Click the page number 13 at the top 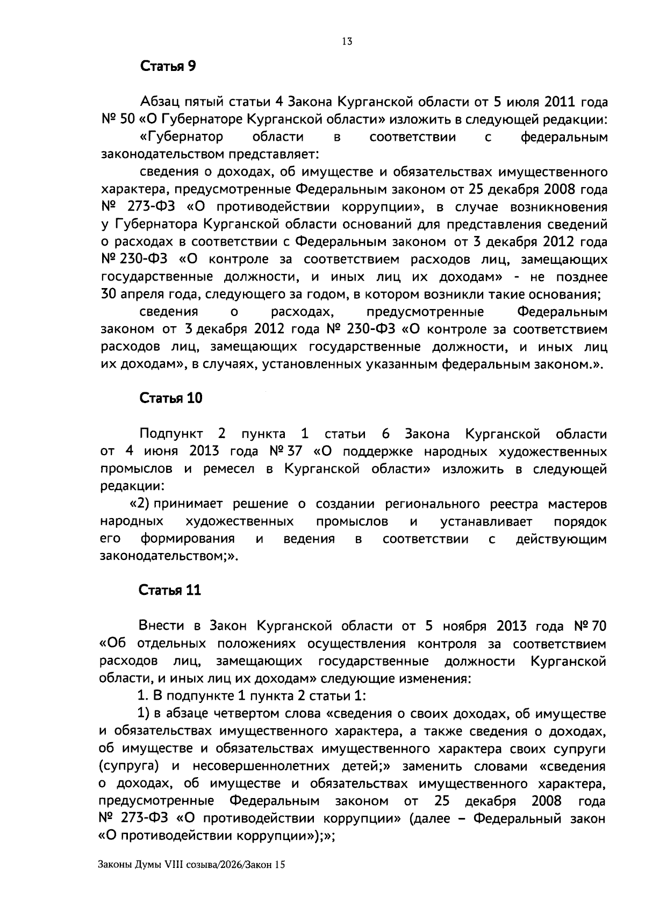pyautogui.click(x=347, y=41)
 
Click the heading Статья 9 pyautogui.click(x=168, y=67)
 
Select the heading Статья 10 pyautogui.click(x=170, y=399)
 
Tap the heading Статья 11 pyautogui.click(x=170, y=590)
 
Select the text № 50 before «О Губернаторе pyautogui.click(x=118, y=119)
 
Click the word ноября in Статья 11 pyautogui.click(x=464, y=626)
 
